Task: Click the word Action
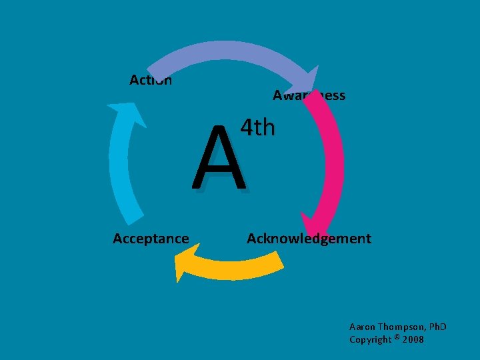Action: pyautogui.click(x=151, y=81)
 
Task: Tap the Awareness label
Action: pyautogui.click(x=309, y=95)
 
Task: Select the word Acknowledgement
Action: pyautogui.click(x=309, y=239)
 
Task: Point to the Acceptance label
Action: pyautogui.click(x=151, y=239)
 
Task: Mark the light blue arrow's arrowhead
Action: pyautogui.click(x=127, y=113)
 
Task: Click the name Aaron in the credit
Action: pyautogui.click(x=363, y=327)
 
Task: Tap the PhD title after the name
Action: pyautogui.click(x=437, y=327)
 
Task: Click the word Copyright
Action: pyautogui.click(x=371, y=340)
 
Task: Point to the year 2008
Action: pyautogui.click(x=413, y=340)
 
